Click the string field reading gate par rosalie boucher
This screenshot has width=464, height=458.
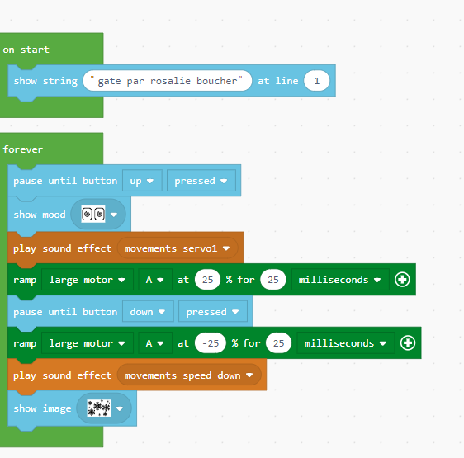coord(168,81)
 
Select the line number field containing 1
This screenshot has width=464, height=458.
coord(317,81)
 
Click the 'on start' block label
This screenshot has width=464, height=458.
coord(26,50)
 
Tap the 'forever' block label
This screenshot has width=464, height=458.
coord(23,149)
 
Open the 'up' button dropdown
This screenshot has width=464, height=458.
coord(142,181)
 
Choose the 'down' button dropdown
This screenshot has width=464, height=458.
coord(148,312)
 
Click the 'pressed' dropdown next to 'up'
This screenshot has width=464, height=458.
coord(201,181)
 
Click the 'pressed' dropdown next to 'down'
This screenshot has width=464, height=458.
coord(213,312)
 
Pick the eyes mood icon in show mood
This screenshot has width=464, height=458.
coord(93,214)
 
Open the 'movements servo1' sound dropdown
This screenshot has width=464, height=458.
coord(178,248)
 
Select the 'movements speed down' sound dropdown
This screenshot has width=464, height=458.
coord(189,375)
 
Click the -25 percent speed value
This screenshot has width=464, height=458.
coord(211,343)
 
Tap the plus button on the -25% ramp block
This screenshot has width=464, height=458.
coord(408,343)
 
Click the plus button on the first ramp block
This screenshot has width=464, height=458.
coord(402,279)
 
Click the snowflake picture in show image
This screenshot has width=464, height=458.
coord(99,408)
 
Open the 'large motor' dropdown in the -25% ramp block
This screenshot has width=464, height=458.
coord(88,343)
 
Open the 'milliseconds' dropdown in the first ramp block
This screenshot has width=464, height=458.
coord(340,279)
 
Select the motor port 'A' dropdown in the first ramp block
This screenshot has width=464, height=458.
coord(155,279)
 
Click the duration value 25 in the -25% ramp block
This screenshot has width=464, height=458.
coord(278,343)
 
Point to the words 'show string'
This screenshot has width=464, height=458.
coord(45,81)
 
